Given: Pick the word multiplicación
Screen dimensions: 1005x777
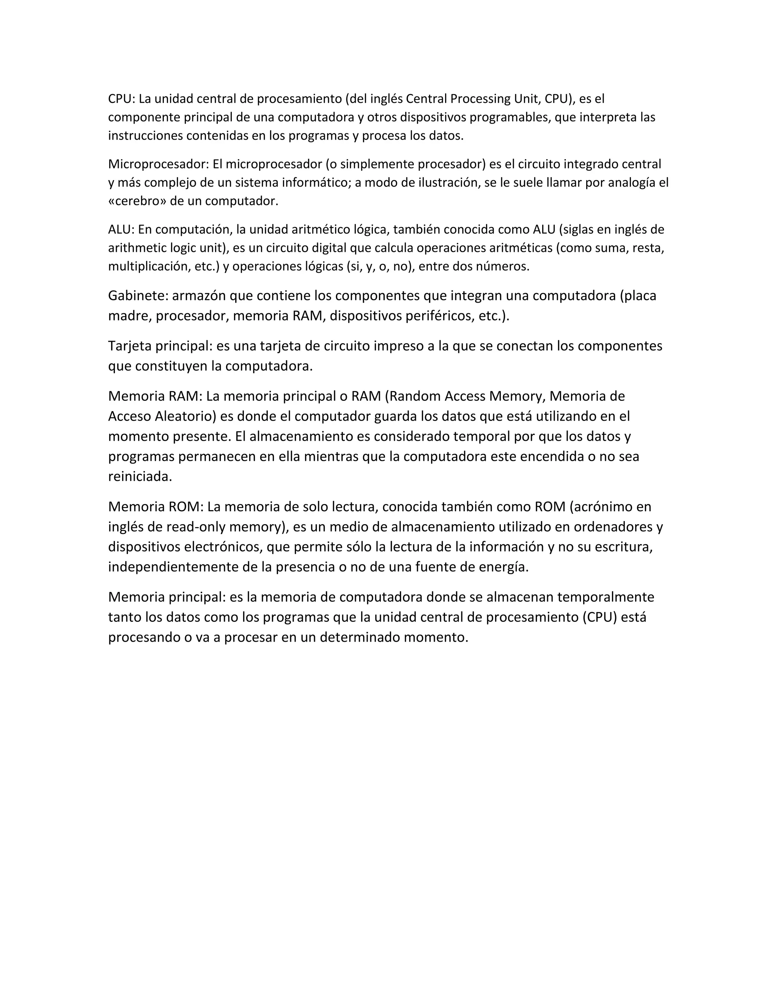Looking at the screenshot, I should point(147,267).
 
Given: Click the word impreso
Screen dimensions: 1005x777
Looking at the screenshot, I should point(399,346).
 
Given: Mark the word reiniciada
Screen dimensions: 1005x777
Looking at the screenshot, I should point(140,477).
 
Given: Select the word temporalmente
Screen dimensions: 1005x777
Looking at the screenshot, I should point(606,597).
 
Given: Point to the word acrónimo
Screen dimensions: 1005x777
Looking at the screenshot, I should point(602,507).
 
